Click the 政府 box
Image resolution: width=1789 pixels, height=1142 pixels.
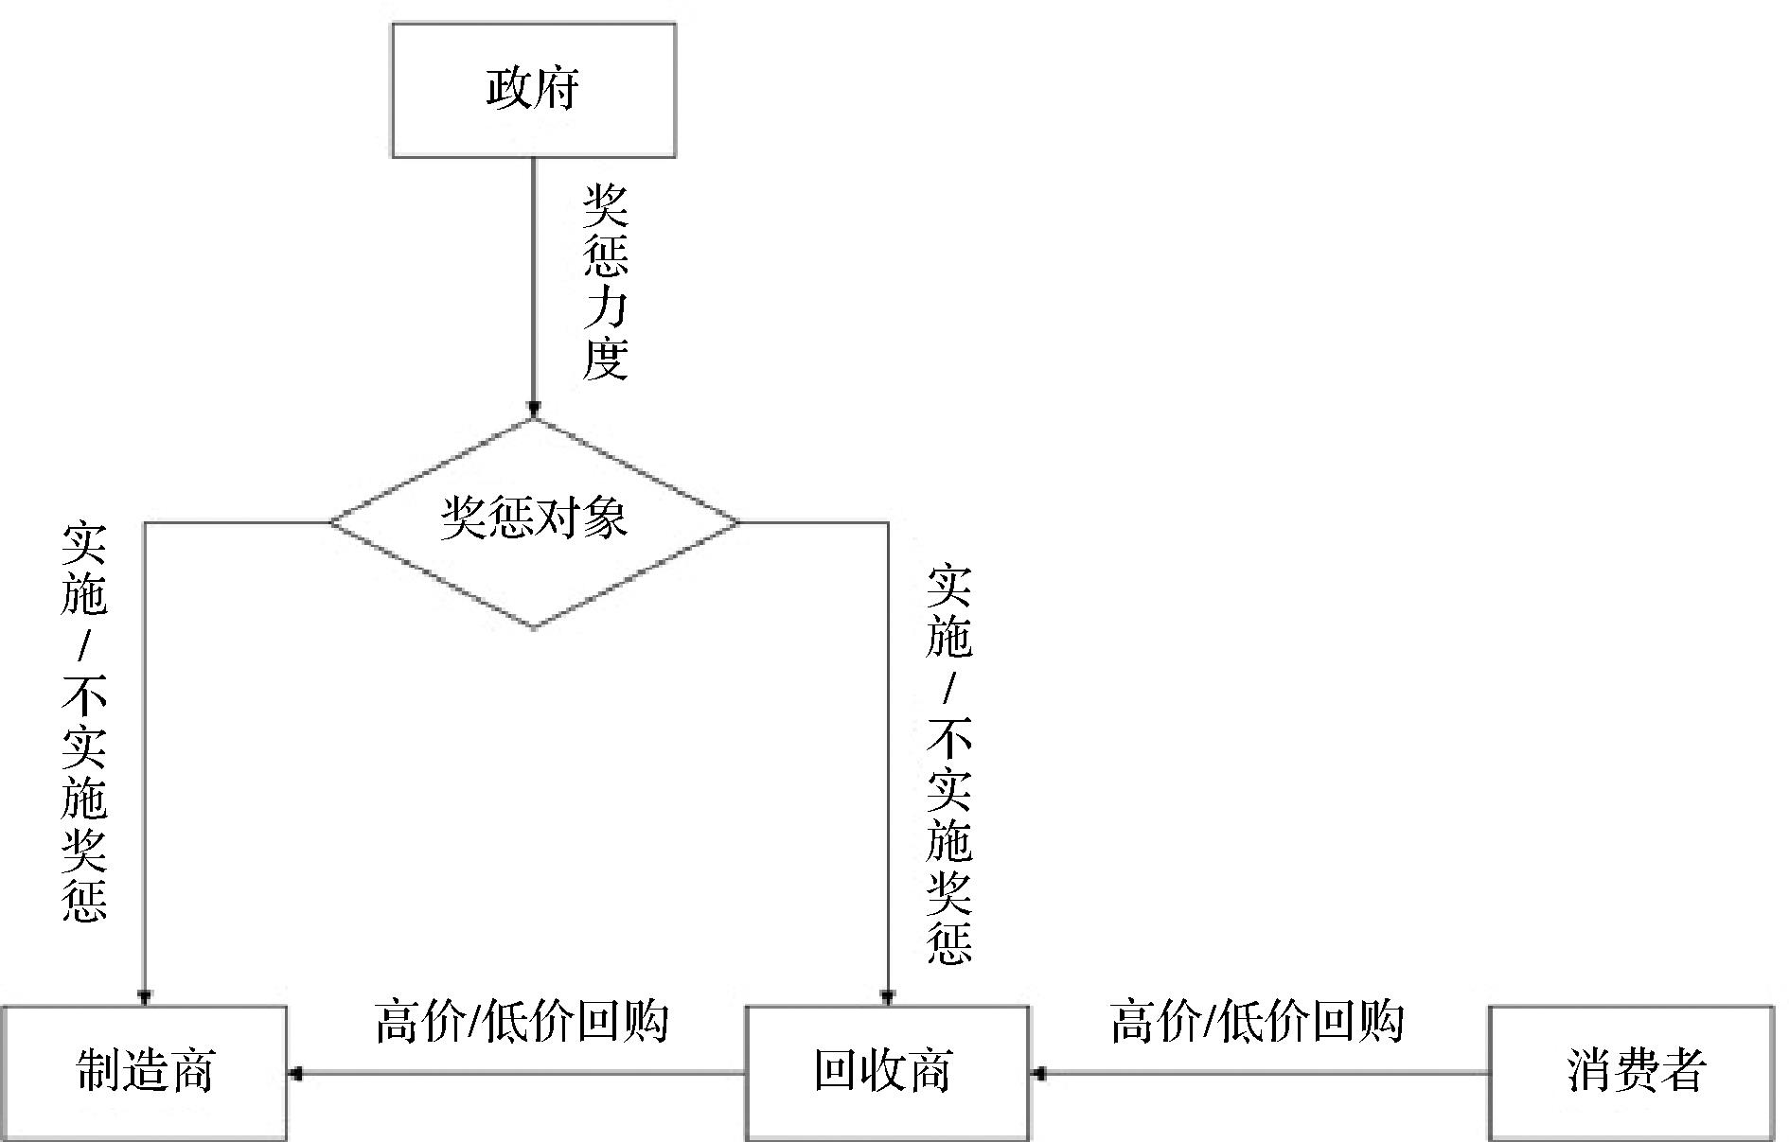coord(533,90)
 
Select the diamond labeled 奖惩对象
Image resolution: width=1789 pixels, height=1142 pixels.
coord(533,522)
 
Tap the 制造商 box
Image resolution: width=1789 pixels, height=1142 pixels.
coord(144,1072)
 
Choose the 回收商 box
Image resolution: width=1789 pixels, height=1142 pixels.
coord(886,1072)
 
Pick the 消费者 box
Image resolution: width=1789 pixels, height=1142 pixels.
coord(1631,1072)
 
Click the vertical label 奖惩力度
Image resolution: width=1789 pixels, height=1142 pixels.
coord(605,282)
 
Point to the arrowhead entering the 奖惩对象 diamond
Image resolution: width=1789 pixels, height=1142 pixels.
coord(533,410)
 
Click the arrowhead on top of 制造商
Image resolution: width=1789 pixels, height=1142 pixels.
coord(144,996)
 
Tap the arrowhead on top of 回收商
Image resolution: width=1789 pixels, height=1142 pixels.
coord(887,996)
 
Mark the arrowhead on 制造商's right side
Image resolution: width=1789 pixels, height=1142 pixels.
coord(295,1073)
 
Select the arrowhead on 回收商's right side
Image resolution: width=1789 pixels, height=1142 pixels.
coord(1038,1073)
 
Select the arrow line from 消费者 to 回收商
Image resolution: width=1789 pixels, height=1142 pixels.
coord(1264,1073)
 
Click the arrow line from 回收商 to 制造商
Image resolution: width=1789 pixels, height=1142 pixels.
coord(521,1073)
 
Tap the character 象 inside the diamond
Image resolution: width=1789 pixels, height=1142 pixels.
coord(604,518)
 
